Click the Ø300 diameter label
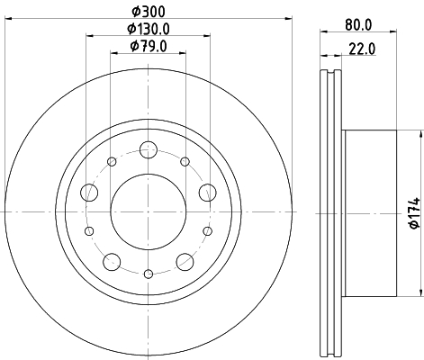tap(149, 12)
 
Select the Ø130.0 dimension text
tap(149, 29)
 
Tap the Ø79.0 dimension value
tap(149, 47)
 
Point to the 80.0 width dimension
tap(358, 25)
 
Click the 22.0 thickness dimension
tap(362, 49)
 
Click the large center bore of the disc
tap(149, 211)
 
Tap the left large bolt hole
tap(89, 193)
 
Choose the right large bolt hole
tap(208, 193)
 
